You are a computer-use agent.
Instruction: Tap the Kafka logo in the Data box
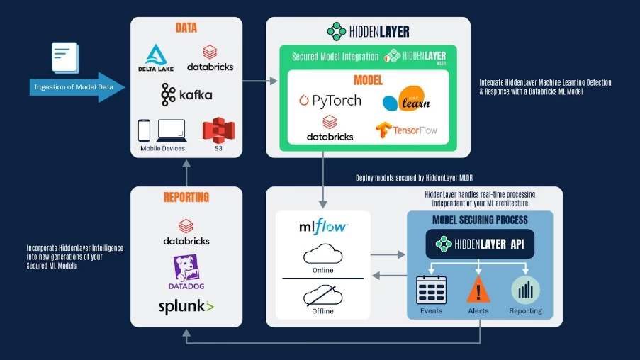(x=186, y=94)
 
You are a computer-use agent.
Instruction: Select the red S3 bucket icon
(x=218, y=130)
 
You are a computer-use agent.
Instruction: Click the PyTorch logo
(x=330, y=101)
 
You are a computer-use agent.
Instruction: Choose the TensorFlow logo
(x=407, y=130)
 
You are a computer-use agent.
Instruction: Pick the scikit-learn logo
(x=406, y=100)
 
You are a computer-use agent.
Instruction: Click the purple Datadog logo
(x=186, y=272)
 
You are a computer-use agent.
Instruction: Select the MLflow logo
(x=323, y=227)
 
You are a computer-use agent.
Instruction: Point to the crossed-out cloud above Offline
(x=322, y=294)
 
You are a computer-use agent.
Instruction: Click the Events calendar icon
(x=431, y=289)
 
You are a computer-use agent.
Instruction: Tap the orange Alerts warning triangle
(x=479, y=289)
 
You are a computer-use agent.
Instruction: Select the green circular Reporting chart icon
(x=525, y=289)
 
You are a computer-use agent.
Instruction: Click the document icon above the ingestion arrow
(x=64, y=57)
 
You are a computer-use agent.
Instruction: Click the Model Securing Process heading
(x=480, y=220)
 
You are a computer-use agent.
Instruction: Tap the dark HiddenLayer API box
(x=480, y=244)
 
